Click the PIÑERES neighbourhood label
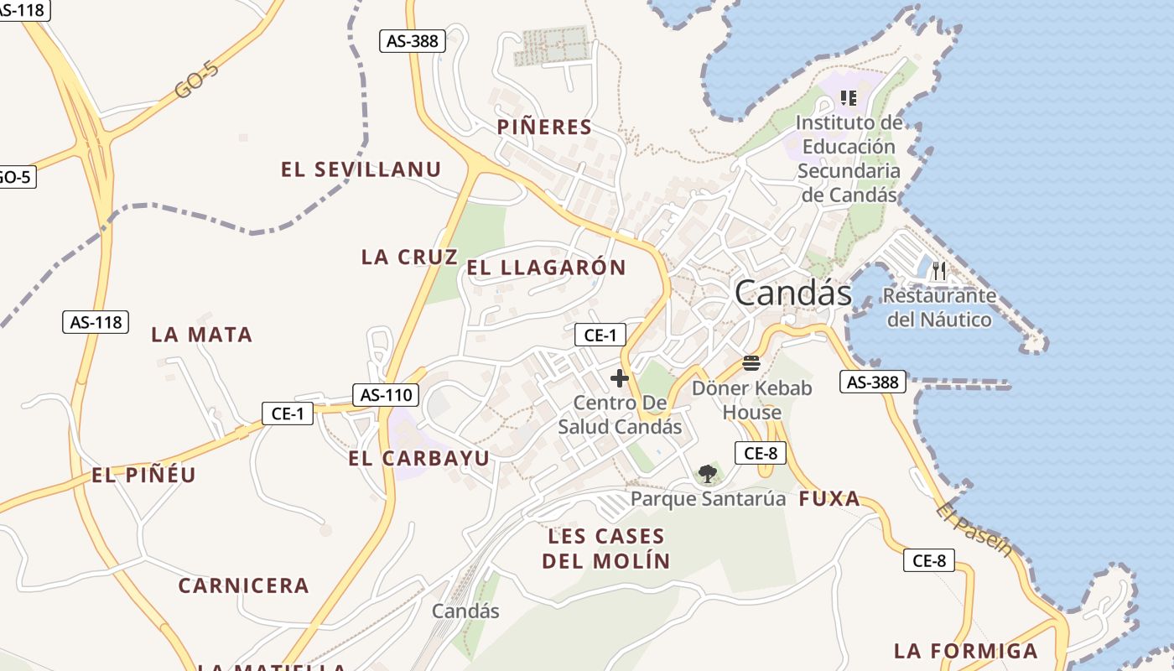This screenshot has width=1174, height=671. [x=544, y=127]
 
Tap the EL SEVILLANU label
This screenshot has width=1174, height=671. [x=361, y=169]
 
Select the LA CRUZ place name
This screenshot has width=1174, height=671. [x=409, y=257]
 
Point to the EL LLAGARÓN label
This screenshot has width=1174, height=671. [x=546, y=268]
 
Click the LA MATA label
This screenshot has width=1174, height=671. [x=201, y=335]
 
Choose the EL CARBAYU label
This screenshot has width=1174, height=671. [x=418, y=459]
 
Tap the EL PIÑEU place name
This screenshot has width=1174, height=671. [x=143, y=476]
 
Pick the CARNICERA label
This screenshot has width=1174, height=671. [x=243, y=586]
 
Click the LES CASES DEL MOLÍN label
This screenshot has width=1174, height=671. [x=606, y=549]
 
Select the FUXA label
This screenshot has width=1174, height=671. [x=829, y=500]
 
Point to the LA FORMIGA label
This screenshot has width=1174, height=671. [x=965, y=651]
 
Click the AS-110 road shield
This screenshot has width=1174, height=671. [x=385, y=395]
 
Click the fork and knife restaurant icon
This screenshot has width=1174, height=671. [x=938, y=271]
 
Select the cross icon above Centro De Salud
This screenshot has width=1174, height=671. [x=620, y=378]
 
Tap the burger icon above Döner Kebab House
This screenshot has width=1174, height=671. [x=751, y=363]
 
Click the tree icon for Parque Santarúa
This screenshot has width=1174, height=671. [x=707, y=474]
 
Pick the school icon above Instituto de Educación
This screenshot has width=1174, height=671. [x=849, y=98]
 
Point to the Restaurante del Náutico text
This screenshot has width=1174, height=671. [x=939, y=307]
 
